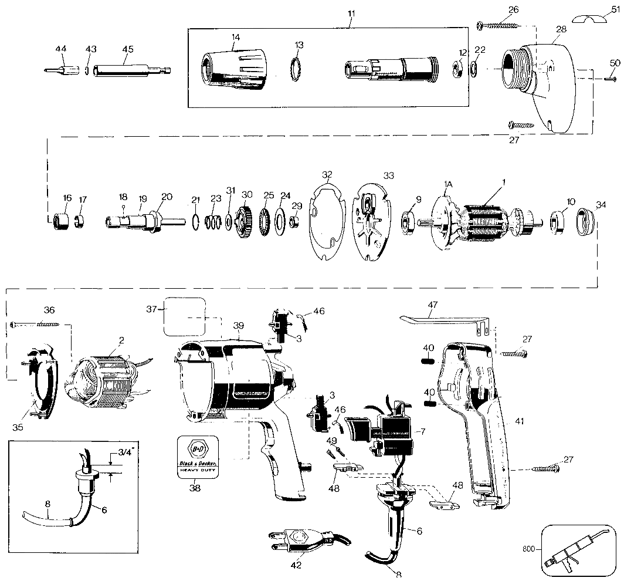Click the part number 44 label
pos(60,48)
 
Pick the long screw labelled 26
pos(498,25)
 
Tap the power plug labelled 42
pos(299,541)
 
